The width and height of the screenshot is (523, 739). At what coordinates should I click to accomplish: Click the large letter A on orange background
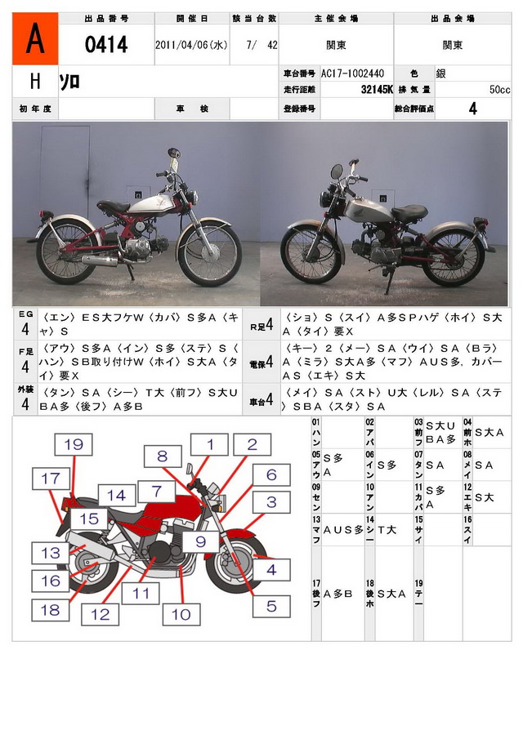[35, 39]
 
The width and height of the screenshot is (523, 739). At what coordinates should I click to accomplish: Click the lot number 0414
[107, 45]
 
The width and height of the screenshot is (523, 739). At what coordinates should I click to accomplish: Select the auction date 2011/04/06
[190, 46]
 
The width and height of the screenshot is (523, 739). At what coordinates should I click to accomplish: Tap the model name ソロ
[69, 82]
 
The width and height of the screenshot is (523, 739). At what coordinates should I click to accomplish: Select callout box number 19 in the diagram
[74, 445]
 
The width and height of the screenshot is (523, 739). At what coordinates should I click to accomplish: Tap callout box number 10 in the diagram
[181, 614]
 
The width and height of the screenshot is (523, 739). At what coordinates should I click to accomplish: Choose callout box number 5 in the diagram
[271, 605]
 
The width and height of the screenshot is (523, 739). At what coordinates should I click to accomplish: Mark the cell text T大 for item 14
[387, 530]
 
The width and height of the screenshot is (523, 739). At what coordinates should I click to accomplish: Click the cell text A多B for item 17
[337, 594]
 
